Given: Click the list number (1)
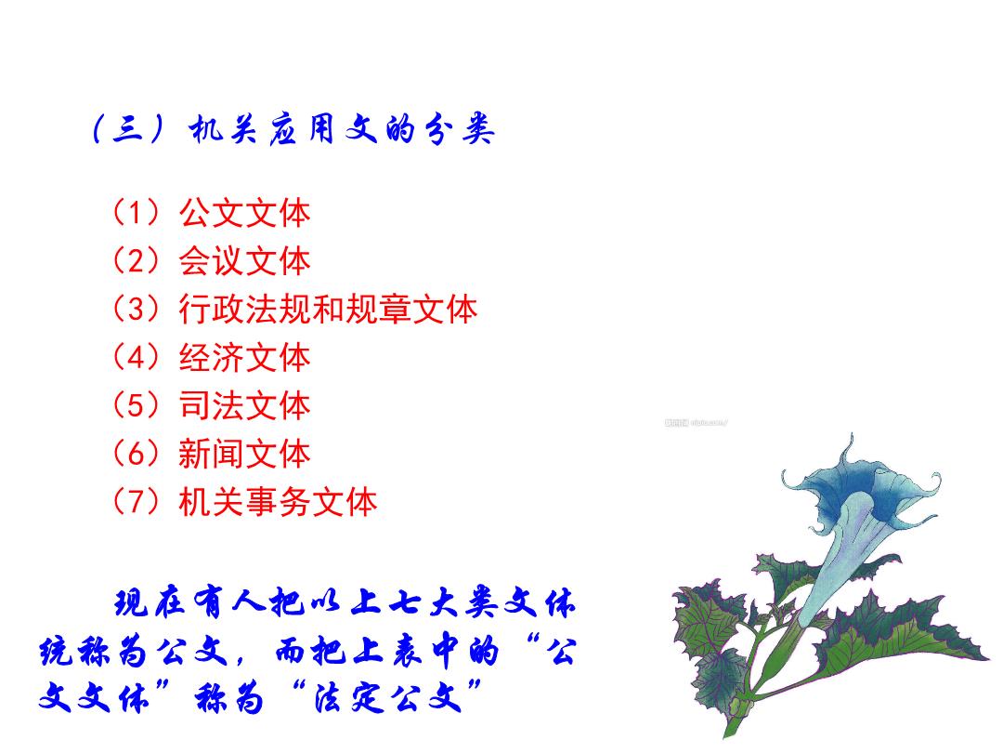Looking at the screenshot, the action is coord(136,213).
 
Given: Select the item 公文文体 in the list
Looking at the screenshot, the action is coord(244,213).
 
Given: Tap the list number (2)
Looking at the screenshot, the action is coord(136,260).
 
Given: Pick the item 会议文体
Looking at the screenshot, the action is coord(244,260).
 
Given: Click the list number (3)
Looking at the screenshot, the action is coord(136,309).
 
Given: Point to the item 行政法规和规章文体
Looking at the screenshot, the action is coord(328,309).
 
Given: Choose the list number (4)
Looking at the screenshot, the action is coord(136,357).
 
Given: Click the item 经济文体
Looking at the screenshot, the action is coord(244,357).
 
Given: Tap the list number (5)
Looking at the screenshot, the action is coord(136,404).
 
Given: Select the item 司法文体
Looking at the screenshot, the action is coord(244,404).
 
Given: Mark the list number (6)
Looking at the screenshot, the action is coord(136,454).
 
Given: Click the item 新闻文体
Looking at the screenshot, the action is coord(244,454).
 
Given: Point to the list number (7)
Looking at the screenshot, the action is coord(136,501).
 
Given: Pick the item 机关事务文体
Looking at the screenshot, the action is coord(278,501).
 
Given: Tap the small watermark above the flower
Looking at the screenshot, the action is coord(696,423).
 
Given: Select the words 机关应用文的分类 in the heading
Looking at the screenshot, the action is coord(342,130).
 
